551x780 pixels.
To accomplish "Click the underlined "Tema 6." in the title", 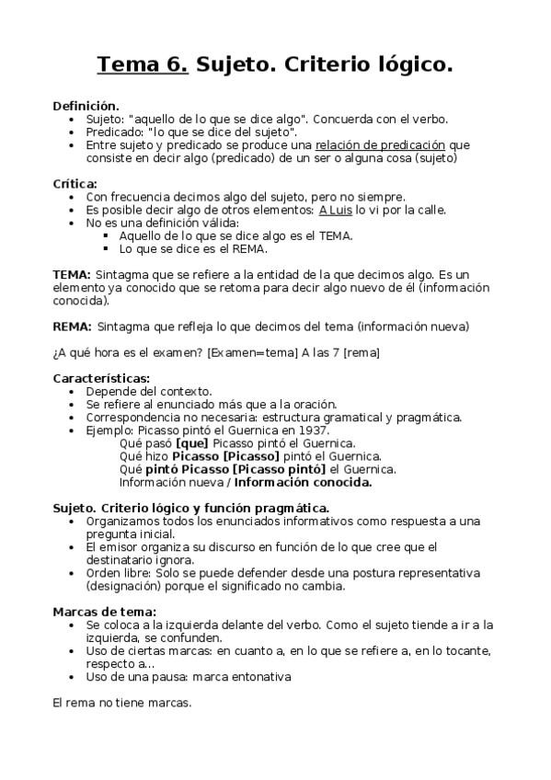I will click(x=143, y=64).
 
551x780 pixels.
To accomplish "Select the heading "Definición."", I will click(x=86, y=106).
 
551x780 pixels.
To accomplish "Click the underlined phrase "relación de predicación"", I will click(x=380, y=144).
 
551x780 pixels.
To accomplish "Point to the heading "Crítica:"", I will click(x=75, y=183).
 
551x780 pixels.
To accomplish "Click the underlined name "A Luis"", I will click(x=338, y=209).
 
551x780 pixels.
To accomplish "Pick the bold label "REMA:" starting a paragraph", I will click(x=72, y=326).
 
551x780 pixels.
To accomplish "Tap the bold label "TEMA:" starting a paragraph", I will click(x=72, y=274).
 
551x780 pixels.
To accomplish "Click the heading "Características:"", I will click(x=101, y=378).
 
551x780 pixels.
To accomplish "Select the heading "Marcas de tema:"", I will click(x=104, y=611).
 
